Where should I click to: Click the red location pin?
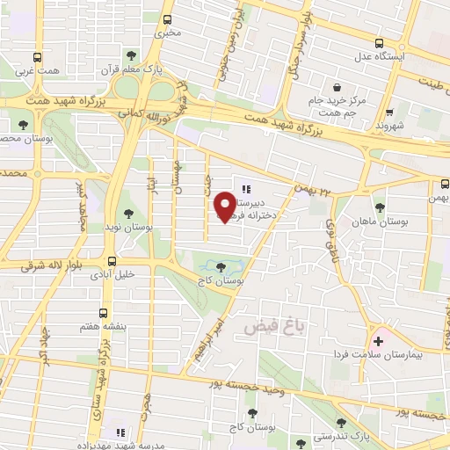(226, 206)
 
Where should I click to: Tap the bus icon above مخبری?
(169, 18)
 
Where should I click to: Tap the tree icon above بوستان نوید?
(129, 213)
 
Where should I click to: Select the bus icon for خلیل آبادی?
(111, 261)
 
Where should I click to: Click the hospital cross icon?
(380, 341)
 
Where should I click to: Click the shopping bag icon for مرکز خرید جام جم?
(338, 87)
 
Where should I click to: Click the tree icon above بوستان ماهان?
(380, 207)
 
